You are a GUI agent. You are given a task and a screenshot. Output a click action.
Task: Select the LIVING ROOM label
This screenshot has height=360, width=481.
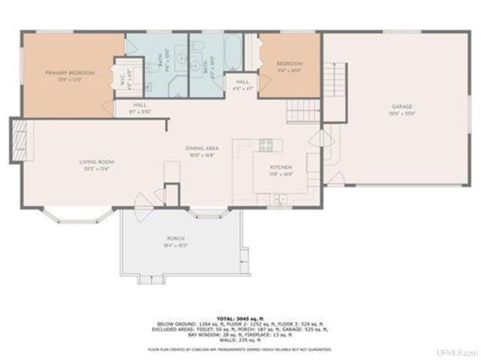click(96, 164)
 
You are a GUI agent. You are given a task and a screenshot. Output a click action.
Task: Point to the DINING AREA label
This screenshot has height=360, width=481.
click(201, 150)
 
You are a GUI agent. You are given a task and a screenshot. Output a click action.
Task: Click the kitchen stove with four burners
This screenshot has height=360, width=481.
click(265, 146)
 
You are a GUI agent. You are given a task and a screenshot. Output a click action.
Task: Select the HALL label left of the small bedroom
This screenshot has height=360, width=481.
click(242, 83)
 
